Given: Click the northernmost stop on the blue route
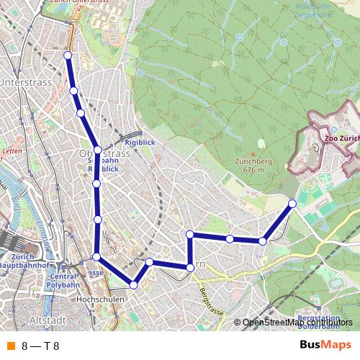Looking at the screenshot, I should [68, 55].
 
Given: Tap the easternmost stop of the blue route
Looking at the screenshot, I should [292, 203].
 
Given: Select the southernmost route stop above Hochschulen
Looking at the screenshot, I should [133, 285].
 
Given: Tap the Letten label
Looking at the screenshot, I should [12, 152].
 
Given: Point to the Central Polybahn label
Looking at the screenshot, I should [63, 281].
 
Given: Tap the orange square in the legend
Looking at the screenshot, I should [10, 346].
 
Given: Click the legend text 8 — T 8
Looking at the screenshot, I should [40, 346].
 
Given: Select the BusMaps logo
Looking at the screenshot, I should [325, 346].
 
